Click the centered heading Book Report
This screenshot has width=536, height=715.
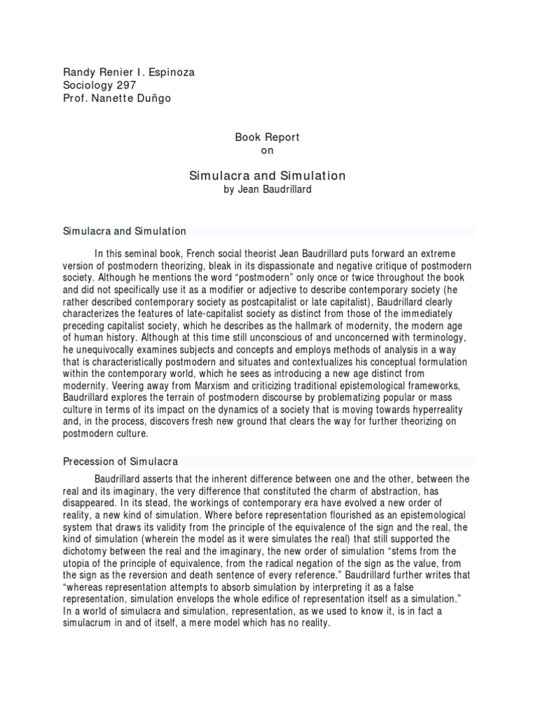click(267, 138)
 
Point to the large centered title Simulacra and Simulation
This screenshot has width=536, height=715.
click(268, 176)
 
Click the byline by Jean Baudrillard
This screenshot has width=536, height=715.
click(268, 190)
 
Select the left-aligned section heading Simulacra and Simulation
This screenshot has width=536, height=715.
click(125, 230)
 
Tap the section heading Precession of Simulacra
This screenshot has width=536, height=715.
click(121, 462)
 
